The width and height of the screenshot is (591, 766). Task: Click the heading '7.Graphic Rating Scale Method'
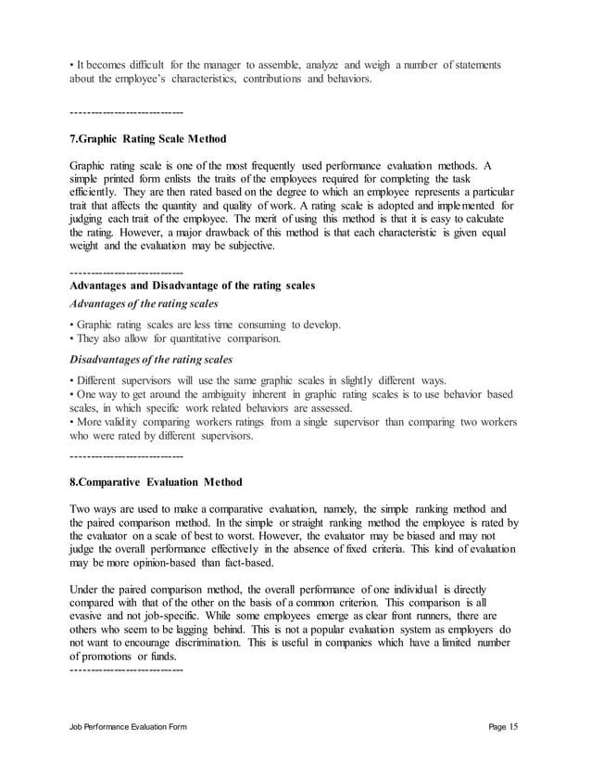147,139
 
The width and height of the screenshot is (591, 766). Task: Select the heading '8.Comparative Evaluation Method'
156,482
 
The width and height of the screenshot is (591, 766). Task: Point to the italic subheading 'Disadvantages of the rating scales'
151,360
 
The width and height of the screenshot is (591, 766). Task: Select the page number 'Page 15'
503,726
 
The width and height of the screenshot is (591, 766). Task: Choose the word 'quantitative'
203,339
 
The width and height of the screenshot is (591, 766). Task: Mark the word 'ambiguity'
216,394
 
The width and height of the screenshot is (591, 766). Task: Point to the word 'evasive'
88,618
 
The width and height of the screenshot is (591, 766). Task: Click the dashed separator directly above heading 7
126,112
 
